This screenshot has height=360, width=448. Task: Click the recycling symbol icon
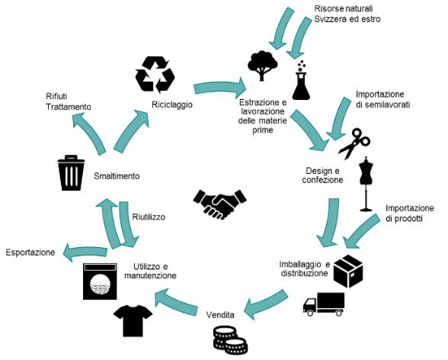tap(155, 75)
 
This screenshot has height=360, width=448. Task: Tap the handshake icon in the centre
tap(219, 204)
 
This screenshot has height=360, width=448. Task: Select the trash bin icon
tap(71, 172)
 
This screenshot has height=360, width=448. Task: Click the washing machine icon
tap(100, 281)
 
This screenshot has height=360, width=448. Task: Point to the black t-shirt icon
tap(133, 320)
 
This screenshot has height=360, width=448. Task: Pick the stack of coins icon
tap(230, 340)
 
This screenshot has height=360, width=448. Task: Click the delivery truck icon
tap(324, 304)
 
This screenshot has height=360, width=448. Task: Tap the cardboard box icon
tap(348, 271)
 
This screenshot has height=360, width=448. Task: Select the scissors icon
tap(354, 143)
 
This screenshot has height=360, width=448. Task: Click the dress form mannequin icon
tap(366, 184)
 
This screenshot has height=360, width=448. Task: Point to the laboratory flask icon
tap(301, 80)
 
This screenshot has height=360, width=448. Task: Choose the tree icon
tap(262, 66)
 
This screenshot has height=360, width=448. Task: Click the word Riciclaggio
tap(172, 104)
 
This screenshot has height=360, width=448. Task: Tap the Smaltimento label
tap(117, 176)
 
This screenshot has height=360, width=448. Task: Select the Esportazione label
tap(30, 252)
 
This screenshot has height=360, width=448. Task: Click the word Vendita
tap(220, 315)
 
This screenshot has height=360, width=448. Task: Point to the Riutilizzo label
tap(149, 217)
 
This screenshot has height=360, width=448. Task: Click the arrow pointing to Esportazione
tap(85, 252)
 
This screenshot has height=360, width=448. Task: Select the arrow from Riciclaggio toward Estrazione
tap(220, 87)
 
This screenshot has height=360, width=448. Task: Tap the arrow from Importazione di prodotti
tap(361, 231)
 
